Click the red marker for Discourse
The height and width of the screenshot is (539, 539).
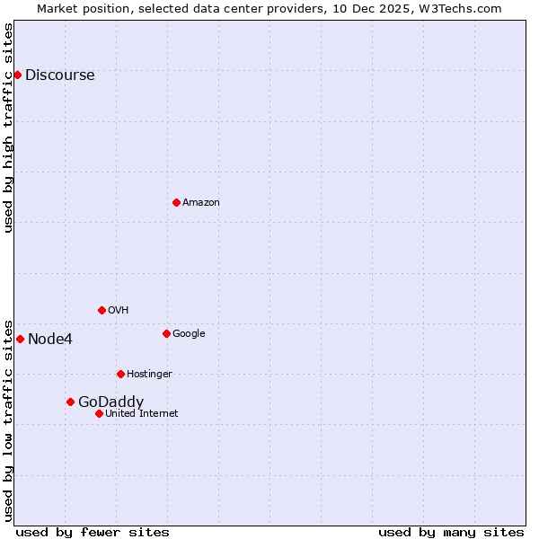(17, 75)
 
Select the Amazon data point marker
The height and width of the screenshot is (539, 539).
(176, 202)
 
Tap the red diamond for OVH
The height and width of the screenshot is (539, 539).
(102, 310)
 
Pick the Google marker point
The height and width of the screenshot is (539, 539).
(166, 333)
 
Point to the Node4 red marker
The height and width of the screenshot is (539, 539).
(20, 339)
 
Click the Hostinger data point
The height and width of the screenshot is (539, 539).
(120, 374)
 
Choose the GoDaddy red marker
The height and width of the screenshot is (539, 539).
(70, 402)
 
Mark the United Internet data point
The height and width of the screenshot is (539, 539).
(99, 413)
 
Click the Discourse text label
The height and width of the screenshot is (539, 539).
(59, 75)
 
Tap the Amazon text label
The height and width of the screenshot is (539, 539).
(200, 203)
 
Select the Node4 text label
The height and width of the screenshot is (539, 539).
(50, 340)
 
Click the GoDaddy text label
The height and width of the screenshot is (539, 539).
(110, 402)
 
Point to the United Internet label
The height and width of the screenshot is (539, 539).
(141, 414)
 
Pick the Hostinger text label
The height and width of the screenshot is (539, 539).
(149, 375)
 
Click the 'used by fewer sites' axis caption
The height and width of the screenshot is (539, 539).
(93, 532)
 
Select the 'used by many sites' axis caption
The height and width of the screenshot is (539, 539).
(451, 532)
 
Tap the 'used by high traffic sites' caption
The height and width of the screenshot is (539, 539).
(9, 128)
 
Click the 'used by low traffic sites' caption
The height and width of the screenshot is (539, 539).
(9, 420)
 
